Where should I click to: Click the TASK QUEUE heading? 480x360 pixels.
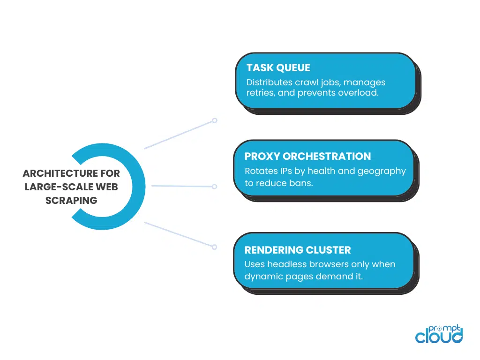coord(278,68)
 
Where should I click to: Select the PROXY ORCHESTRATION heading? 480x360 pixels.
coord(307,157)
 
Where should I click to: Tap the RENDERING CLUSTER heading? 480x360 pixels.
coord(297,250)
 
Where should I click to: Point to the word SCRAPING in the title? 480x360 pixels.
coord(71,201)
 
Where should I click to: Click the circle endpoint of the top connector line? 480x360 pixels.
coord(214,120)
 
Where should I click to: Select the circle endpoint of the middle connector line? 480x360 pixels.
coord(214,187)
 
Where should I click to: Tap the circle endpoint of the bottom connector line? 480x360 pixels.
coord(214,247)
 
